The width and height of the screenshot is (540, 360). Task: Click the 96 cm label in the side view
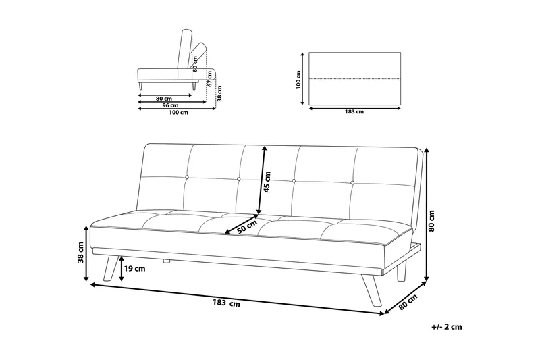point(171,105)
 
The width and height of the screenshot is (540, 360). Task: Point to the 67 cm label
point(210,79)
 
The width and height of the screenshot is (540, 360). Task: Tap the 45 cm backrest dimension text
point(267,181)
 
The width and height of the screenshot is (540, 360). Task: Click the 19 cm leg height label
point(134,268)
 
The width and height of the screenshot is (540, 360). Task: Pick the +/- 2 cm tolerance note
point(446,327)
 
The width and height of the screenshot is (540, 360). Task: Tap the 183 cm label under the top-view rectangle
point(354,111)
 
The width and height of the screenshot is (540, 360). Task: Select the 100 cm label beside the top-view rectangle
point(298,80)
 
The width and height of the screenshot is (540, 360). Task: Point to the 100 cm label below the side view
point(179,112)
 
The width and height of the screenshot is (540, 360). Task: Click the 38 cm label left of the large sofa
point(80,252)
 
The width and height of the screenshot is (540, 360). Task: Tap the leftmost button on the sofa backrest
point(187,178)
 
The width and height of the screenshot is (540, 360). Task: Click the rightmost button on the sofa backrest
point(352,182)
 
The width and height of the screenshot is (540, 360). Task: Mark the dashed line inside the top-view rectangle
point(355,79)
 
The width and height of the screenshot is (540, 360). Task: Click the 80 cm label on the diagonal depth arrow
point(408,302)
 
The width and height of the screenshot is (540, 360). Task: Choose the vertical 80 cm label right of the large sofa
point(431,220)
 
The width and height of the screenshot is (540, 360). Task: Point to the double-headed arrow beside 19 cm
point(122,268)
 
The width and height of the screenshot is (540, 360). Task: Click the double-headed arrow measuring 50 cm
point(242,224)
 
